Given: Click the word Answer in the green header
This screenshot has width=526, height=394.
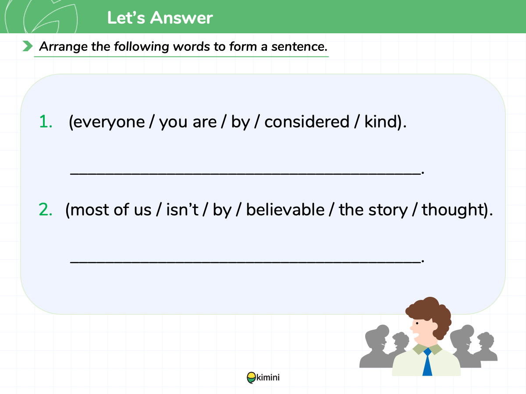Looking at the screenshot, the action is coord(181,18).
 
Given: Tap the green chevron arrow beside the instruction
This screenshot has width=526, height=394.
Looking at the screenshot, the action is coord(28,46).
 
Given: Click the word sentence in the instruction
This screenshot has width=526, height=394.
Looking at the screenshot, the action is coord(299,46).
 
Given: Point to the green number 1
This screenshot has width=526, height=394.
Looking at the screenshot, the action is coord(46,122).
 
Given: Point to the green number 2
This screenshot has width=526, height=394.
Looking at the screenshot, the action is coord(46,210).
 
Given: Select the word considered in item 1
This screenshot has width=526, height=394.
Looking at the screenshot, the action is coord(307,122).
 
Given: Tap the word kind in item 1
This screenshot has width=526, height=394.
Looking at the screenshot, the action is coord(381,122).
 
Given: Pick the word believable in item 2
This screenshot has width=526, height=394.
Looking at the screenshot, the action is coord(285,210).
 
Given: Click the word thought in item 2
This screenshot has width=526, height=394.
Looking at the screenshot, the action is coord(452,210).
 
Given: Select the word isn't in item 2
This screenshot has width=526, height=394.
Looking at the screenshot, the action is coord(182,210).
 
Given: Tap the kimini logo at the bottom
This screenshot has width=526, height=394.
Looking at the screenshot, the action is coord(263,378).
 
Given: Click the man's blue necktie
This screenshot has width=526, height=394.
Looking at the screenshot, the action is coord(427,362).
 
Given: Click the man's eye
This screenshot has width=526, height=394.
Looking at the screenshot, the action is coord(417,324).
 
